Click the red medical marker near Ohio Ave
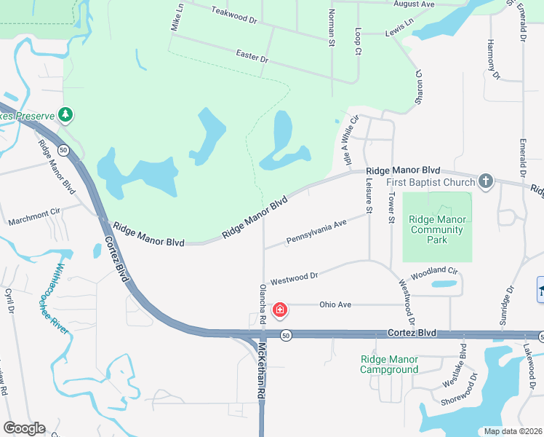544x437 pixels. pyautogui.click(x=279, y=311)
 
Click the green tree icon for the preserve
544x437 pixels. pyautogui.click(x=65, y=114)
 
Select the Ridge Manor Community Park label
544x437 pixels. pyautogui.click(x=436, y=229)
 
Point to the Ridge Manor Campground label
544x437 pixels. pyautogui.click(x=389, y=364)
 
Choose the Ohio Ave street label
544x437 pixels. pyautogui.click(x=335, y=304)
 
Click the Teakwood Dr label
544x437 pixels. pyautogui.click(x=234, y=15)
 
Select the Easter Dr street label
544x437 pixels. pyautogui.click(x=252, y=56)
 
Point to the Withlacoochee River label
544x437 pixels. pyautogui.click(x=58, y=299)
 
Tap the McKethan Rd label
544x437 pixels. pyautogui.click(x=260, y=371)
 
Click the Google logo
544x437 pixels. pyautogui.click(x=24, y=428)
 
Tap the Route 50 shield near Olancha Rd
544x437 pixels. pyautogui.click(x=286, y=334)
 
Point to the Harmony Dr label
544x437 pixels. pyautogui.click(x=494, y=59)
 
